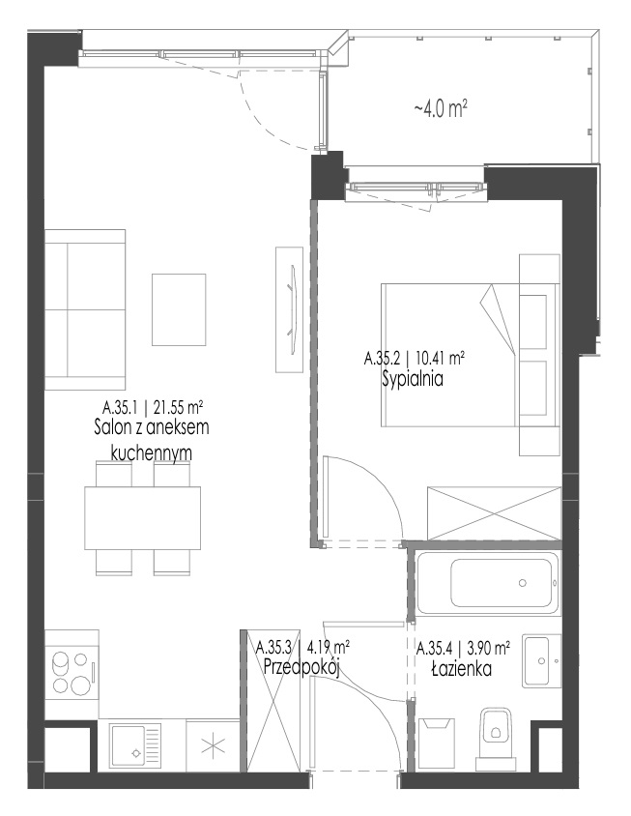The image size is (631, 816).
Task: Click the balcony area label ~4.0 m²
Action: (440, 109)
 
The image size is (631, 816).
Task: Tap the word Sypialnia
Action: (413, 379)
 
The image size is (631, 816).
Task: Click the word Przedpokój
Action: (301, 667)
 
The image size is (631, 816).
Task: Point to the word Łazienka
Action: (462, 668)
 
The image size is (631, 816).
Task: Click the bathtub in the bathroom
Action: (487, 582)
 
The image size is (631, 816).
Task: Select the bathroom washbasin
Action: (541, 661)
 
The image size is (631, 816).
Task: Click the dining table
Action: (143, 517)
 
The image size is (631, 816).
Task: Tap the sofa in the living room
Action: (85, 309)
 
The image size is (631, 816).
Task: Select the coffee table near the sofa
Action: (179, 309)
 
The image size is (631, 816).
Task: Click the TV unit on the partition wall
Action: (289, 309)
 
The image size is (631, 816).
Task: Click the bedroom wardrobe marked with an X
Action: (494, 513)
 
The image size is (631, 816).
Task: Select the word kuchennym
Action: (152, 452)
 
